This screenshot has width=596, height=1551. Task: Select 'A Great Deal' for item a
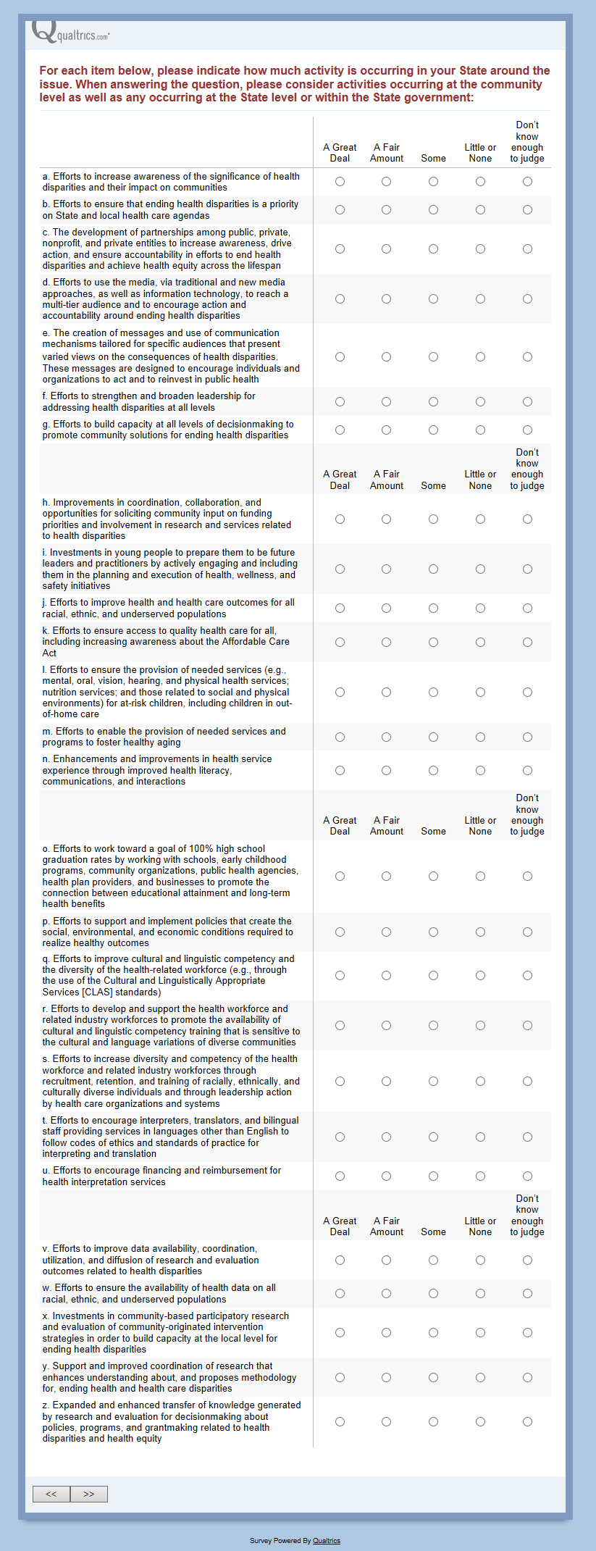340,182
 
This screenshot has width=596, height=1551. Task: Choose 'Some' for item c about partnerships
433,249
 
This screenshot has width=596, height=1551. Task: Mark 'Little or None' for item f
480,402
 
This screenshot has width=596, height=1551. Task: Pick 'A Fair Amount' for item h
387,519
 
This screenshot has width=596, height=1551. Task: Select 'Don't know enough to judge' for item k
527,643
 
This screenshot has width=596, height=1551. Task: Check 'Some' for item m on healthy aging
433,737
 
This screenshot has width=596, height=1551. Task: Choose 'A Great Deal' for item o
340,877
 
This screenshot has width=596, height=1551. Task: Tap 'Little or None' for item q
480,976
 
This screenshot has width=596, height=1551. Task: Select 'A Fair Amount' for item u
387,1176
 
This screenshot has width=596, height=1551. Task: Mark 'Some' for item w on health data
433,1294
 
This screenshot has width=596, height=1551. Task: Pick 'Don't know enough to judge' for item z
527,1422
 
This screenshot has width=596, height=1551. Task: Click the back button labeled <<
51,1494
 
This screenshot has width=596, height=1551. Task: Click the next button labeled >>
89,1494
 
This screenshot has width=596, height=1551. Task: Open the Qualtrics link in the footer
327,1541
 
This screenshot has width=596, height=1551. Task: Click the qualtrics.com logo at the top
71,33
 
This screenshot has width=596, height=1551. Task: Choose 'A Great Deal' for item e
340,357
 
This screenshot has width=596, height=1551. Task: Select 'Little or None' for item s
480,1082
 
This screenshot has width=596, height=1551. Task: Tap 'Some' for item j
433,609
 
